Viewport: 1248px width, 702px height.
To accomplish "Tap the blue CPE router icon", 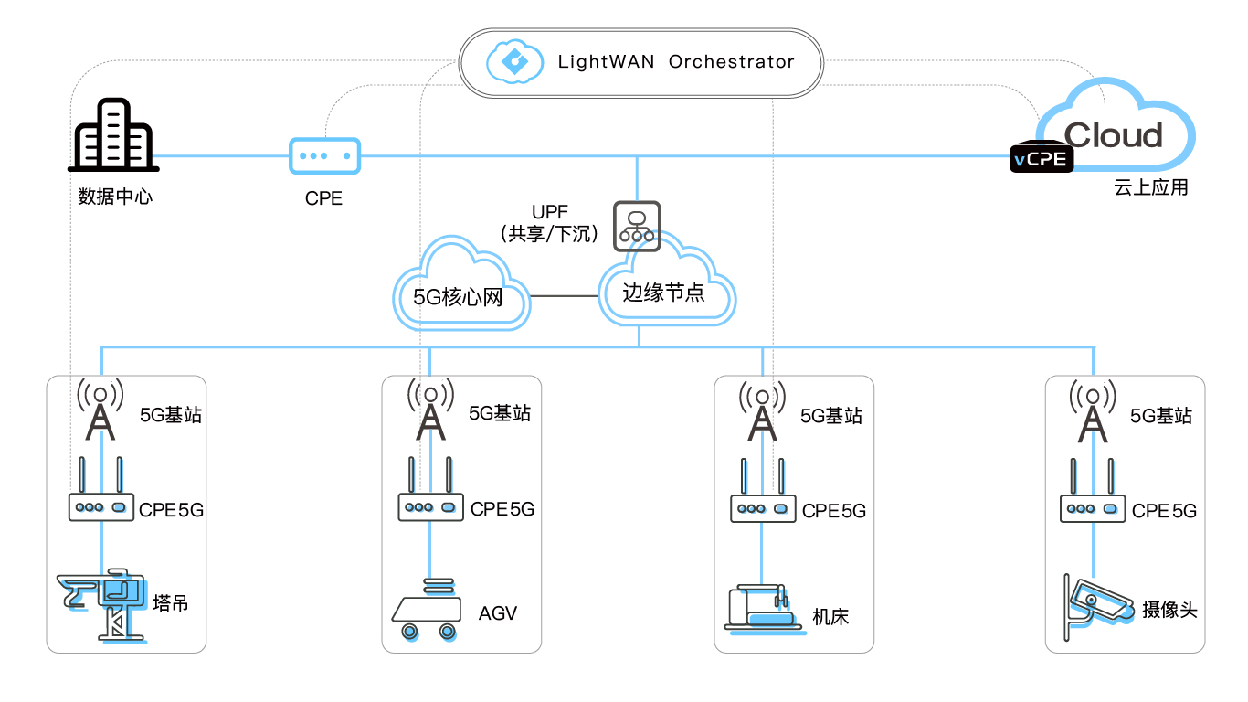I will [324, 155].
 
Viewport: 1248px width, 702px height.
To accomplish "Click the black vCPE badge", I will [1041, 159].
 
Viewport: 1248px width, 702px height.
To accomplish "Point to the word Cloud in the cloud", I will [1113, 135].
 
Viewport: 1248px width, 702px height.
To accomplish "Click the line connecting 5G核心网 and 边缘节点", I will [564, 296].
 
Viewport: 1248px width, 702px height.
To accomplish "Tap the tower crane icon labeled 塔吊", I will [102, 603].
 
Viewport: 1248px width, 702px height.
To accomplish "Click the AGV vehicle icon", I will [425, 609].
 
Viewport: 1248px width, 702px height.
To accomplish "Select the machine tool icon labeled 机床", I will [762, 606].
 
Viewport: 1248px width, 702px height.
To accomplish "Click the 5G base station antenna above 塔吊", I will [100, 410].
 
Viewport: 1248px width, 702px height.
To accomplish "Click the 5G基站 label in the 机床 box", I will [830, 416].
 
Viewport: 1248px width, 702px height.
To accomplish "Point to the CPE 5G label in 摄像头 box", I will [1164, 511].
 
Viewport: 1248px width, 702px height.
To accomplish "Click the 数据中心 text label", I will [115, 197].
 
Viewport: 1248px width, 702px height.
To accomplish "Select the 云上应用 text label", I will [1151, 188].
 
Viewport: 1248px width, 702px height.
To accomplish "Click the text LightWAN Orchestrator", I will [676, 62].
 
